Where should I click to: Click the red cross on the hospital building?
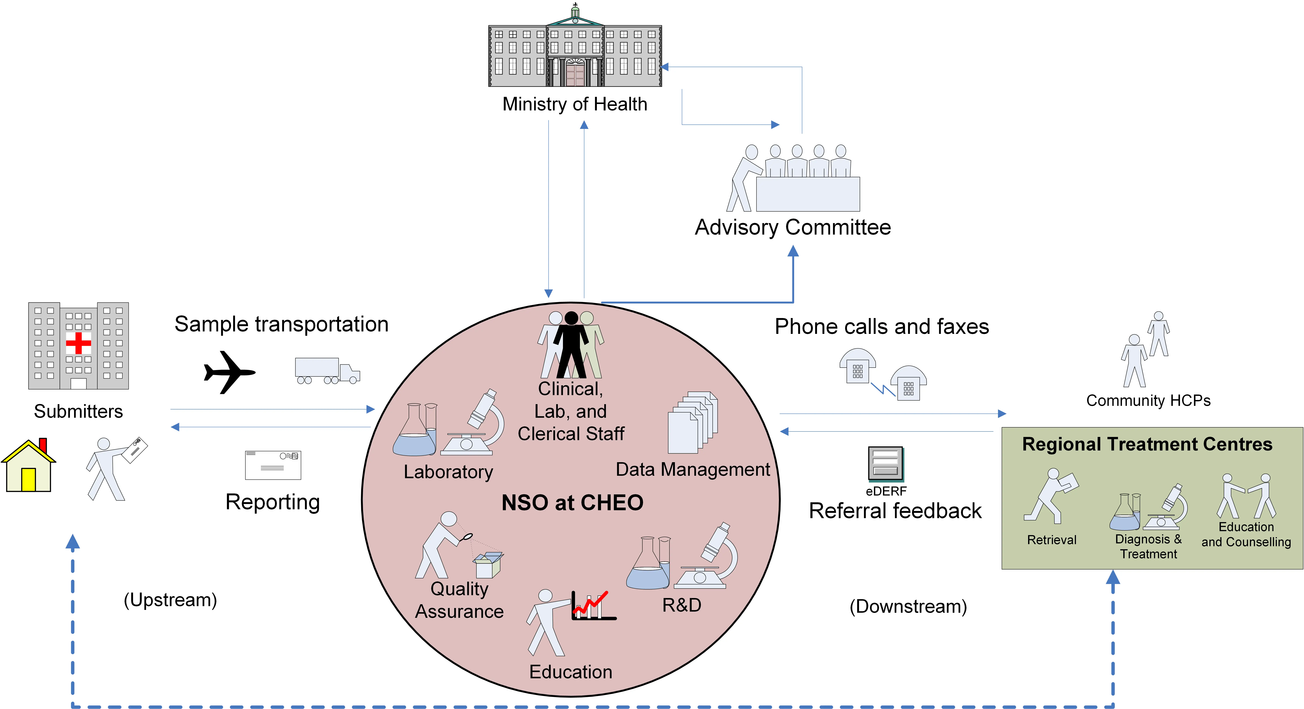coord(78,343)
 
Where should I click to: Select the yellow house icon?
coord(28,467)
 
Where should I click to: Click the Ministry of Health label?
coord(575,104)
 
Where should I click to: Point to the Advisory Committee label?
coord(793,227)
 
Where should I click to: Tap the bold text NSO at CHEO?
coord(572,502)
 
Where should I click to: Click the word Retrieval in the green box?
coord(1051,540)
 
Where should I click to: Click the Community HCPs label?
coord(1148,401)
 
